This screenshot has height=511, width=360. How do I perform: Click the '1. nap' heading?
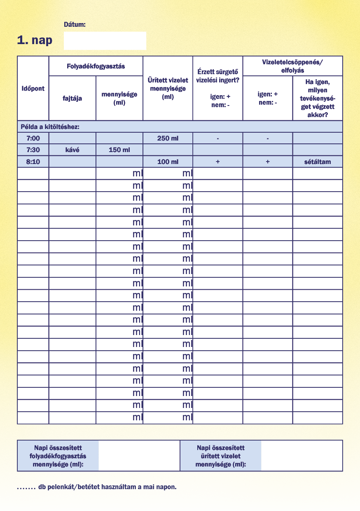coord(35,40)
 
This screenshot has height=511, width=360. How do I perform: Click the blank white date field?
coord(105,41)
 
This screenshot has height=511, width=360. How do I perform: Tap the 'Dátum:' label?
coord(75,24)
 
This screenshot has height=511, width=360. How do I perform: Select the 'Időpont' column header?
coord(33,88)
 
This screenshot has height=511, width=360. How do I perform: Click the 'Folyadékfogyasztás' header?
coord(96,66)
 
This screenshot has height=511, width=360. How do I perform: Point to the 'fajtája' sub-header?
coord(72,98)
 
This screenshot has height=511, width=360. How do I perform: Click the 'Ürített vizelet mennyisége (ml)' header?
coord(168,89)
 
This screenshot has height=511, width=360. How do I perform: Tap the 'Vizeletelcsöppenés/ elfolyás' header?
coord(292,66)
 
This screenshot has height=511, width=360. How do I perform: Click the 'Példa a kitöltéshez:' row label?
coord(50,127)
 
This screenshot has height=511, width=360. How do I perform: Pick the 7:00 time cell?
coord(33,138)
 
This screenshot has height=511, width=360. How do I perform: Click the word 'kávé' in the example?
coord(72,150)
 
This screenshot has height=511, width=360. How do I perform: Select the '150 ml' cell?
coord(119,150)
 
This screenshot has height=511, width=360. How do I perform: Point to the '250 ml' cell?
coord(168,138)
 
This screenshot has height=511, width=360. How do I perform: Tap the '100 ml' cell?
coord(168,162)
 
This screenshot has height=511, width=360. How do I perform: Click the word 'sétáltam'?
coord(317,162)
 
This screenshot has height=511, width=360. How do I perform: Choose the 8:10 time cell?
coord(33,162)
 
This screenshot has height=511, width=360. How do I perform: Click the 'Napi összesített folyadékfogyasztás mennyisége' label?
coord(58,456)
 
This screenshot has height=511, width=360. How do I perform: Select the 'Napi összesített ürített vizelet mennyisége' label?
coord(221,456)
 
